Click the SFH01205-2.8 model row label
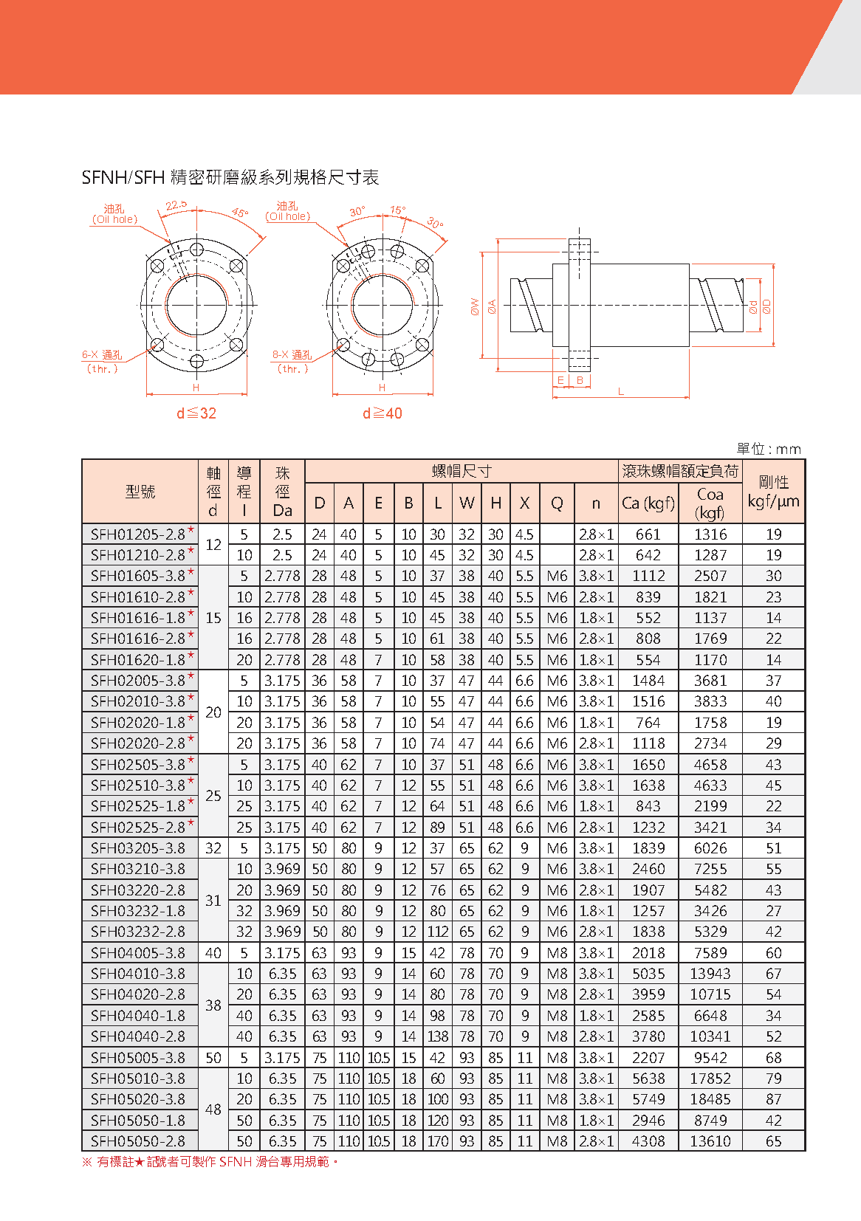(138, 534)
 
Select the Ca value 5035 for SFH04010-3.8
(648, 974)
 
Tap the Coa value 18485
(710, 1099)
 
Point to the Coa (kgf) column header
(710, 503)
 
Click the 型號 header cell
(140, 491)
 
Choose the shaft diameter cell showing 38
(213, 1005)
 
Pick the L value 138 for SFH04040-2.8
(438, 1036)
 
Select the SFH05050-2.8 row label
(138, 1141)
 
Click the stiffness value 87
(773, 1099)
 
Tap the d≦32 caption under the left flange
(196, 413)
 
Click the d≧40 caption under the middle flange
(383, 413)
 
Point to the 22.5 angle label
(176, 205)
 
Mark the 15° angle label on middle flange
(397, 210)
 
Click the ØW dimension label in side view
(475, 306)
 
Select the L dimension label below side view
(620, 391)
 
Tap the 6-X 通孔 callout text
(102, 355)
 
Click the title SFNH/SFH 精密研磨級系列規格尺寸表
(230, 177)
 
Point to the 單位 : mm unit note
(769, 449)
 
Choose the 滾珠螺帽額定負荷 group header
(680, 471)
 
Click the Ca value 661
(648, 534)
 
